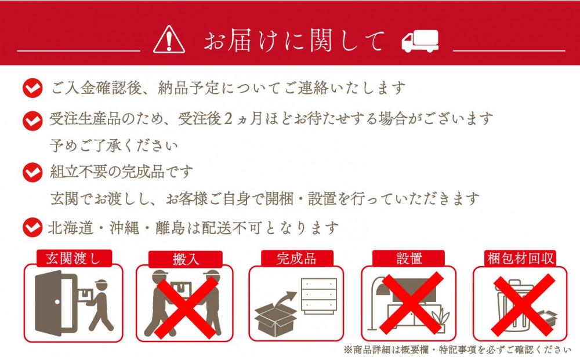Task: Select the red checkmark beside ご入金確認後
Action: [x=32, y=89]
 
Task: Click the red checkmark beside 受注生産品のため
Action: [x=32, y=120]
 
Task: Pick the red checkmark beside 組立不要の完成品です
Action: [x=32, y=172]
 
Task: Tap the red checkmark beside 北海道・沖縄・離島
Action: [x=32, y=227]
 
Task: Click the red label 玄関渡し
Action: [x=73, y=259]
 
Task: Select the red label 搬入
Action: [x=185, y=259]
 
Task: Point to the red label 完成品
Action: [x=297, y=259]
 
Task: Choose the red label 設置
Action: [x=409, y=259]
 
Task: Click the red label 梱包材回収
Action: [x=520, y=259]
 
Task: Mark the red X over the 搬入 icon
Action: [x=185, y=306]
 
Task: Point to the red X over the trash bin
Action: [x=521, y=306]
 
